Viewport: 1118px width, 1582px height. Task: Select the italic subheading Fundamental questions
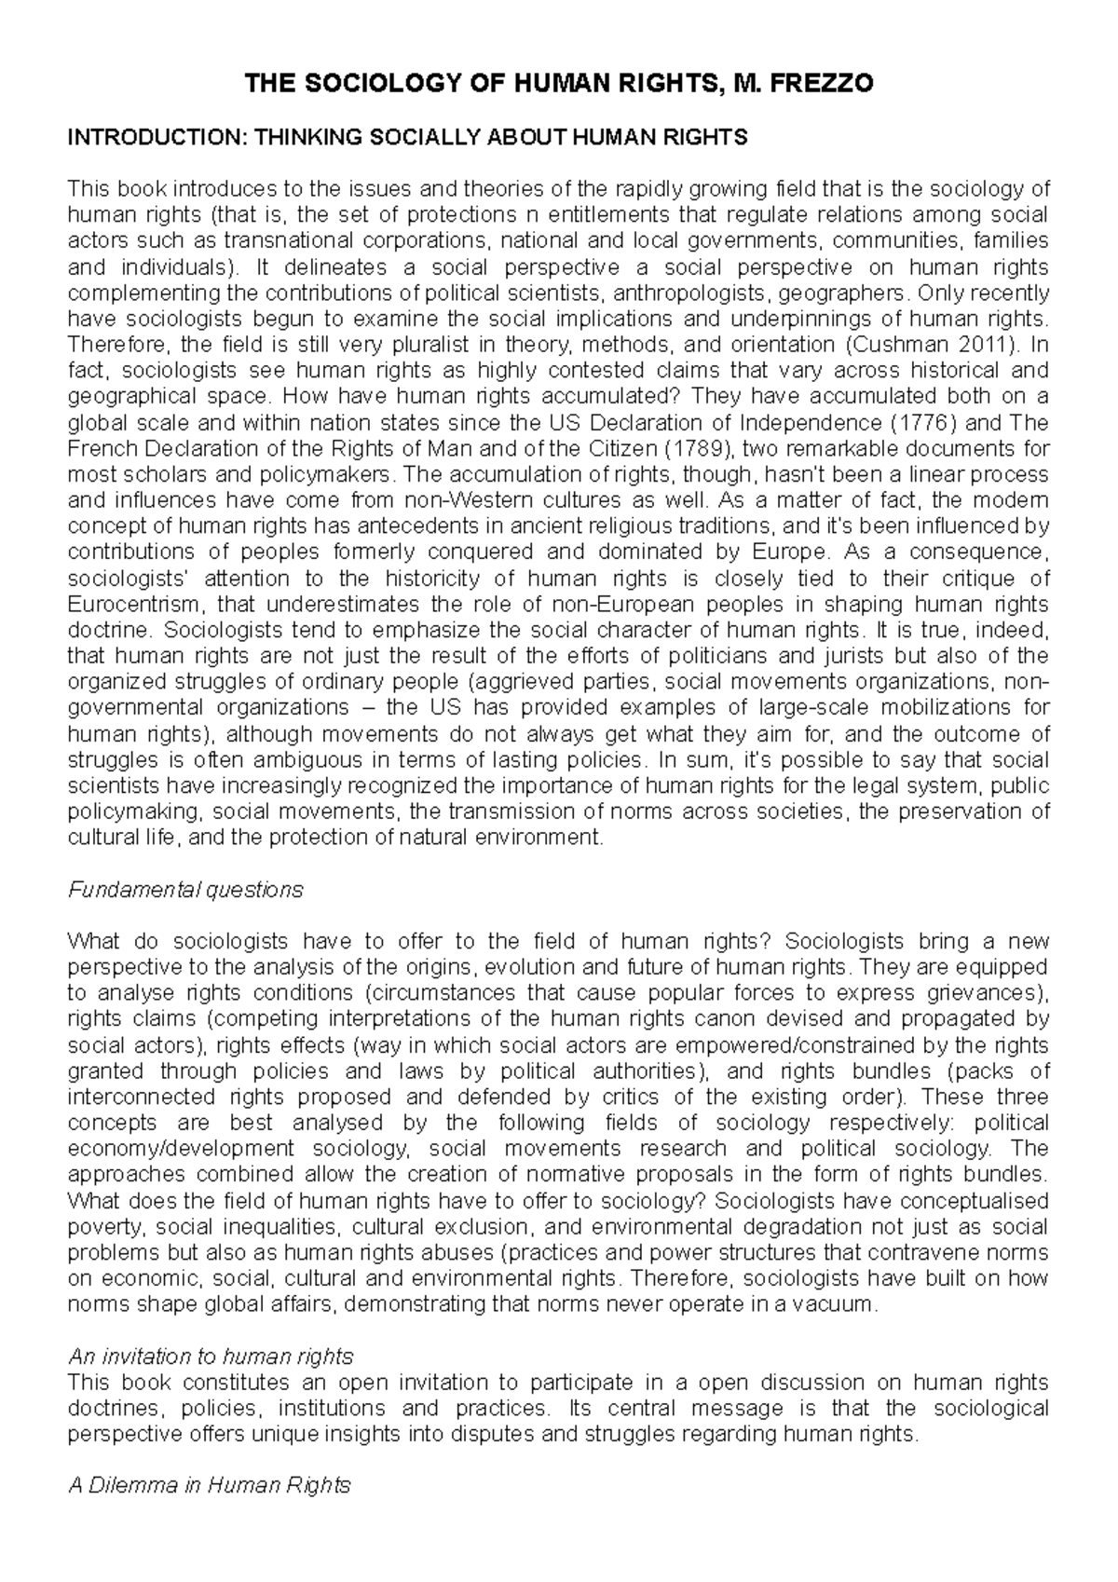pyautogui.click(x=186, y=890)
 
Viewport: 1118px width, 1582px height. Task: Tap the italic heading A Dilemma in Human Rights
pyautogui.click(x=210, y=1485)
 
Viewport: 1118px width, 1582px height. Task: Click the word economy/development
pyautogui.click(x=182, y=1148)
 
